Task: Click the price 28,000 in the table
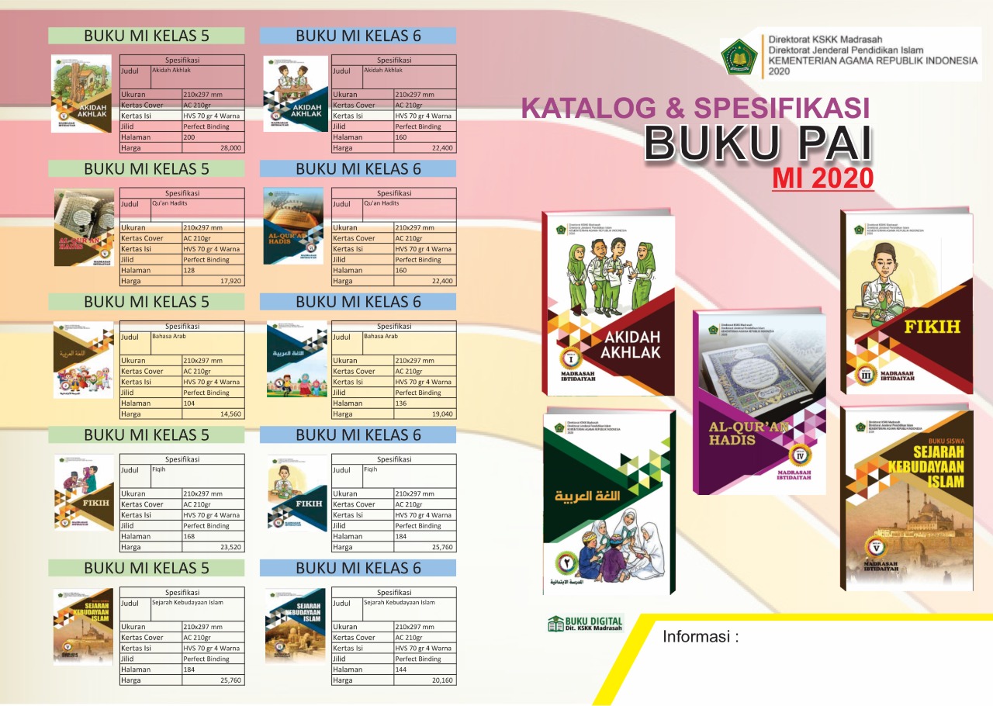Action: point(230,147)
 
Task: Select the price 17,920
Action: point(230,281)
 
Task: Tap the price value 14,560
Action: point(230,414)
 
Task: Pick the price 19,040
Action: point(442,414)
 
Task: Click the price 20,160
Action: point(442,680)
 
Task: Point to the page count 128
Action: point(189,270)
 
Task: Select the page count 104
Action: point(189,403)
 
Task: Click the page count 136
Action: point(401,403)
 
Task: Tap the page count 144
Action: point(401,670)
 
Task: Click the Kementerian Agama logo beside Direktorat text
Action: point(739,57)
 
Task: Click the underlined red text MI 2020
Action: point(823,178)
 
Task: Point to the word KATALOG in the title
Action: point(586,108)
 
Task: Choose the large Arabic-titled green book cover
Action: point(609,500)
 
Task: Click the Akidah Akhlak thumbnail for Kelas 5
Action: point(81,94)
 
